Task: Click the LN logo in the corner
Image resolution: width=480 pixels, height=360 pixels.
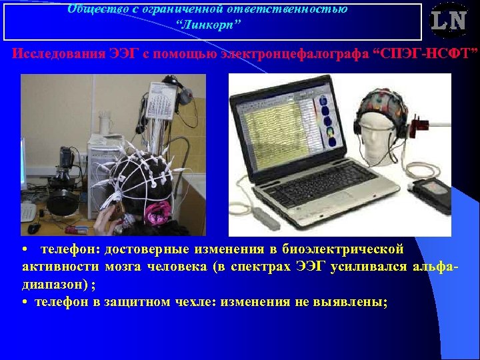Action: pos(448,22)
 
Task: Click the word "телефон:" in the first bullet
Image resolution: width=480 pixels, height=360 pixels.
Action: pos(66,249)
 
